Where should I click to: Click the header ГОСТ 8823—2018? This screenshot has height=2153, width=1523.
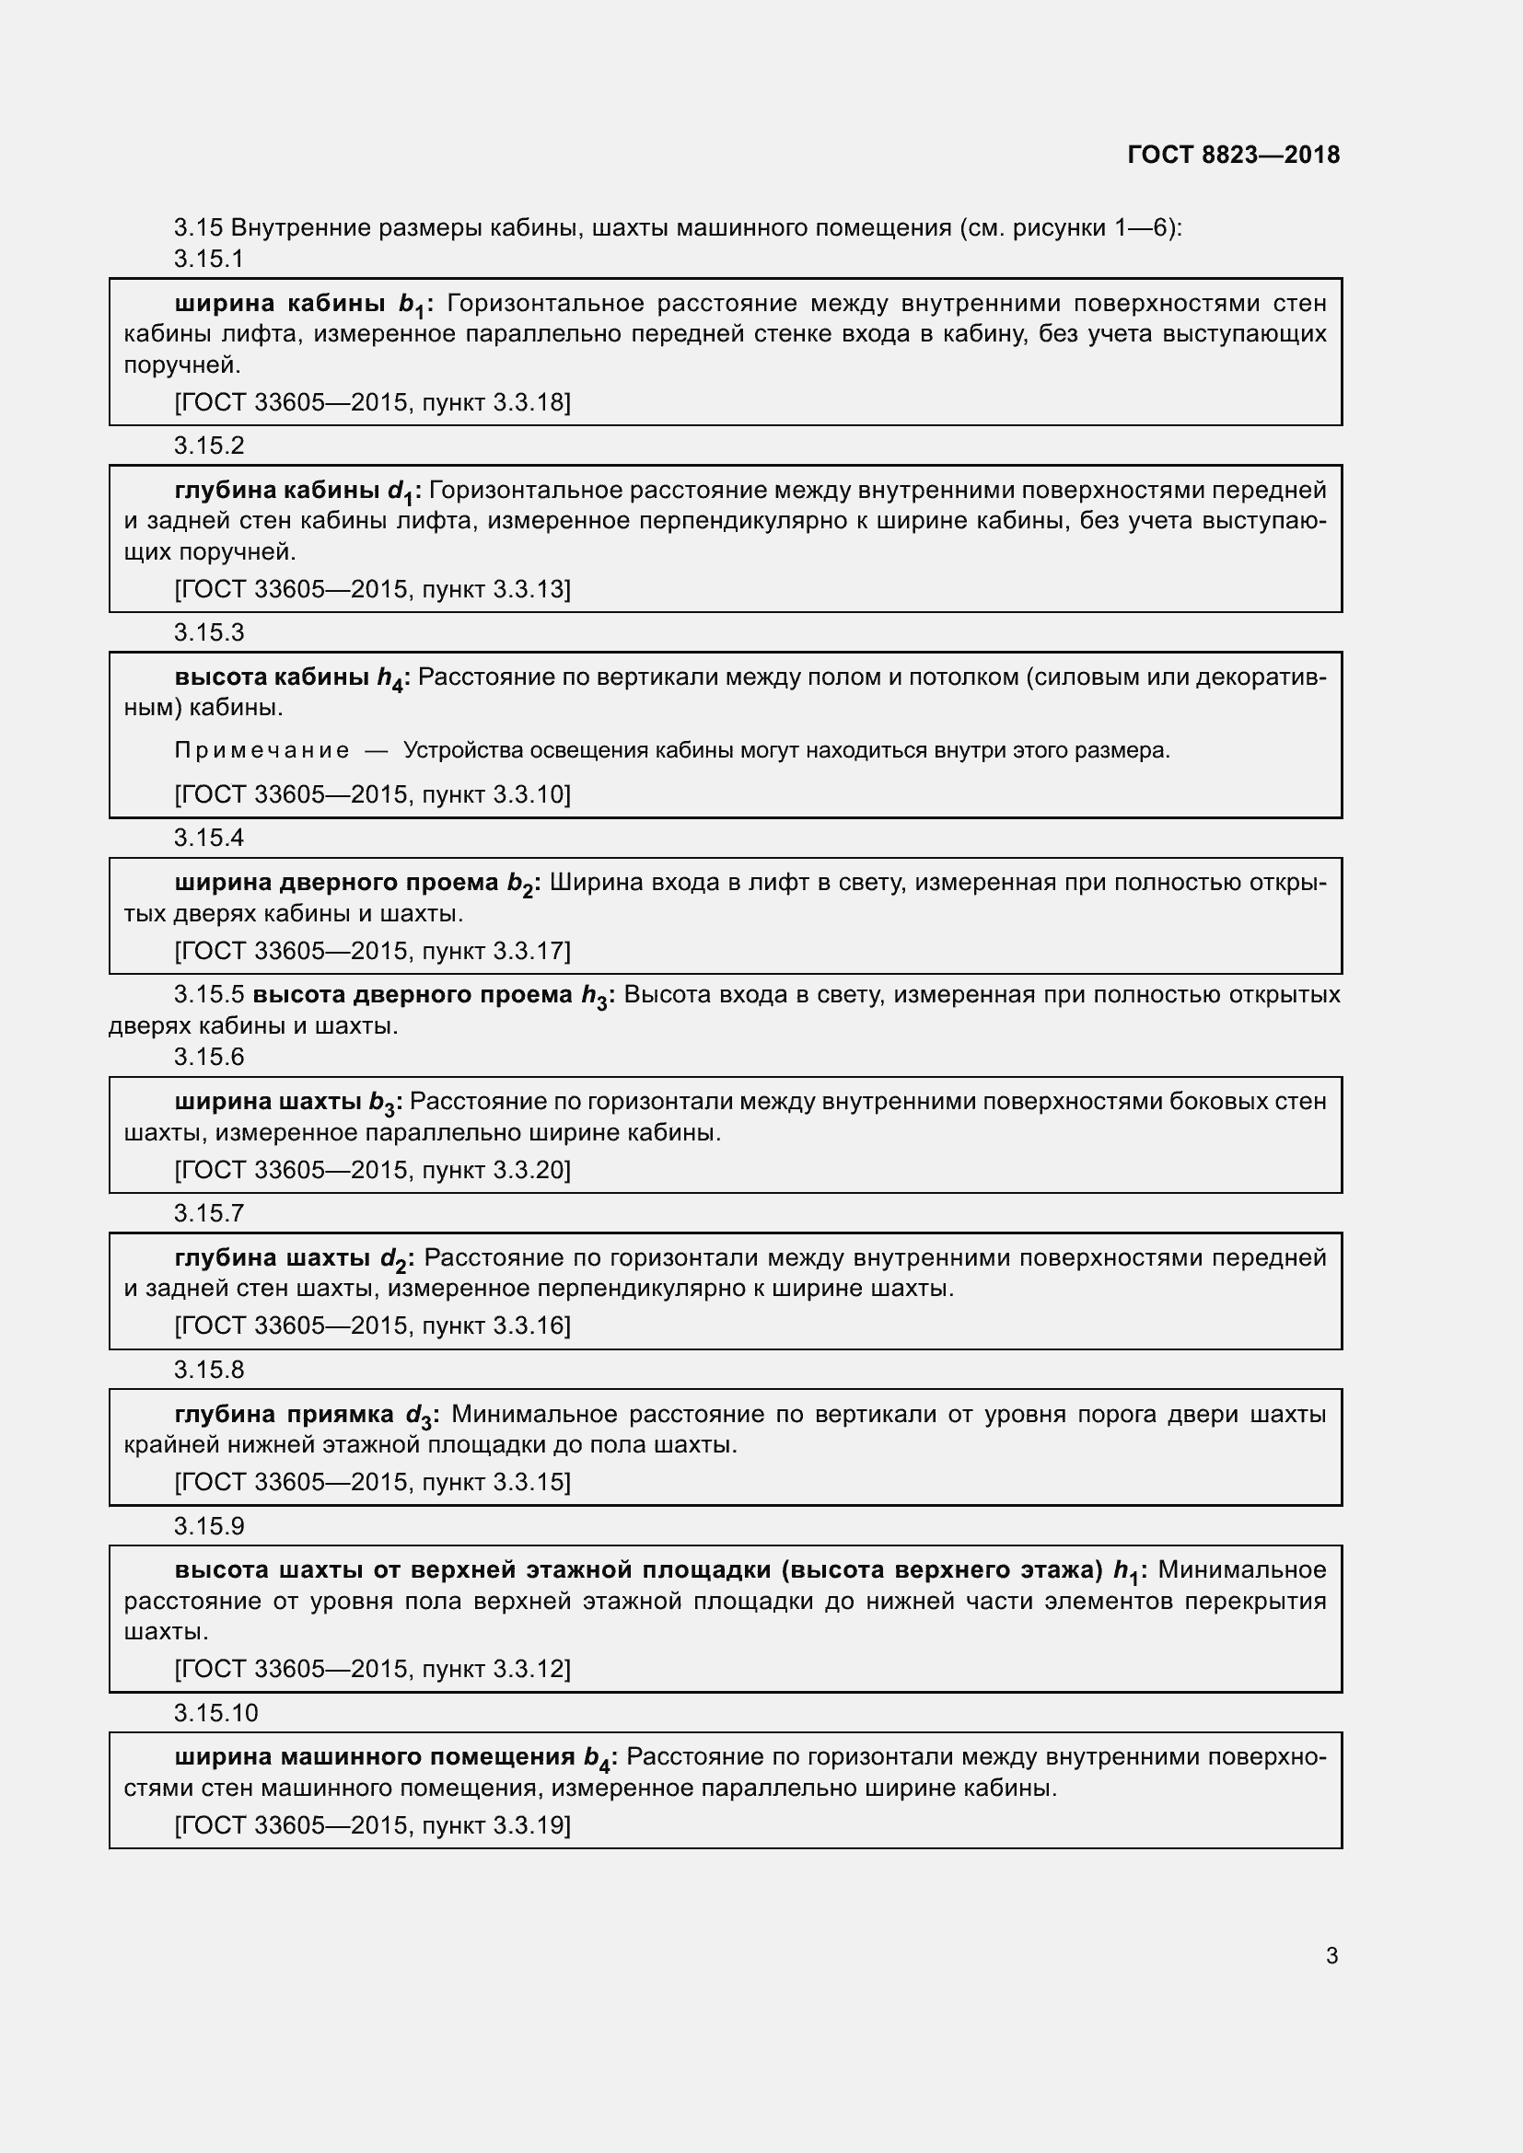1233,155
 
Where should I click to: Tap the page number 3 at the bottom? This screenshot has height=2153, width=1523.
1331,1955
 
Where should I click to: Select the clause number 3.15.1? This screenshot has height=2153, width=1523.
208,259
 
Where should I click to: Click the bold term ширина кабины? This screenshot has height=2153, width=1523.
281,303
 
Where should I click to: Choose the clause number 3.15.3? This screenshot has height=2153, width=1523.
208,633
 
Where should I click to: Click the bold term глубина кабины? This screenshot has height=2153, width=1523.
276,490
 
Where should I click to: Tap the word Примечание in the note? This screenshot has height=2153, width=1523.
262,750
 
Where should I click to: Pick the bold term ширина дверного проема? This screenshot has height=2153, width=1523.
336,883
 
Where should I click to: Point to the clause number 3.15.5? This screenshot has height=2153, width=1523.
208,994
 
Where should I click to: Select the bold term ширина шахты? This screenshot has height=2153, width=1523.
267,1101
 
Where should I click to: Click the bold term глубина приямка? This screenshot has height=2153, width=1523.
285,1413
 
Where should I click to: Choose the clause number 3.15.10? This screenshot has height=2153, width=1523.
215,1713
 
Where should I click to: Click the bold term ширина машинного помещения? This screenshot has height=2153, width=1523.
374,1756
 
